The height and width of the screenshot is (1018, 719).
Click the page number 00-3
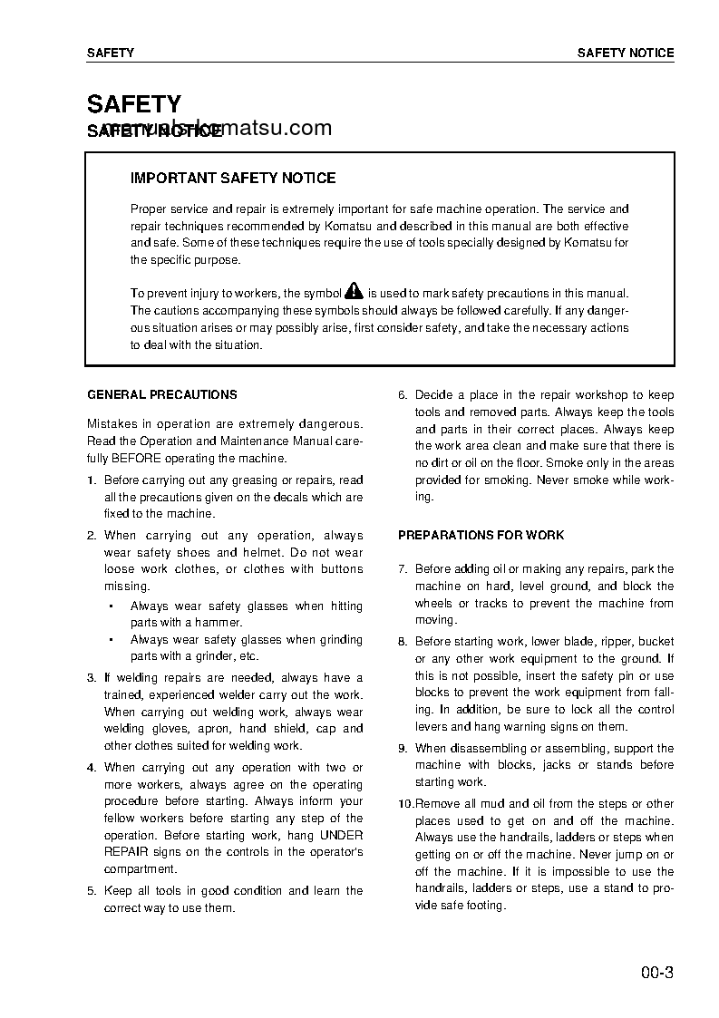point(656,974)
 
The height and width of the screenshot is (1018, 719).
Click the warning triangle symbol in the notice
point(354,292)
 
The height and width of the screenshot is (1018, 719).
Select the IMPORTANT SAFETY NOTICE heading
point(233,179)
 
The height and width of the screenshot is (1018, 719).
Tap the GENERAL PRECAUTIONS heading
point(162,395)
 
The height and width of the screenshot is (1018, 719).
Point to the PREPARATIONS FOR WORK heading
point(481,536)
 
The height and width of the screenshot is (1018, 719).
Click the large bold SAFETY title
point(134,104)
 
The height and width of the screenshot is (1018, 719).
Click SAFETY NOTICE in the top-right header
point(626,53)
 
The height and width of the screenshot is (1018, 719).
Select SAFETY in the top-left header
point(110,53)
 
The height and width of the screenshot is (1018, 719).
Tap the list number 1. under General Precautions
point(92,480)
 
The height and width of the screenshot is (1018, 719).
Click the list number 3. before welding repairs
point(92,678)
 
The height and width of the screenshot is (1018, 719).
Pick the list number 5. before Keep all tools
point(92,891)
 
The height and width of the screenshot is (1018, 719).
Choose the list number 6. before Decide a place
point(403,395)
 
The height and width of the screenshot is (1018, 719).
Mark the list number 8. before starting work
point(403,642)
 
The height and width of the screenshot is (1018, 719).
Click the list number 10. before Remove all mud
point(405,804)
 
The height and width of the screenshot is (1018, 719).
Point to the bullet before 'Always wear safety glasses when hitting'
point(110,606)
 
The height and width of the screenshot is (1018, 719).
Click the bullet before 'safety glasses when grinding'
point(110,640)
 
